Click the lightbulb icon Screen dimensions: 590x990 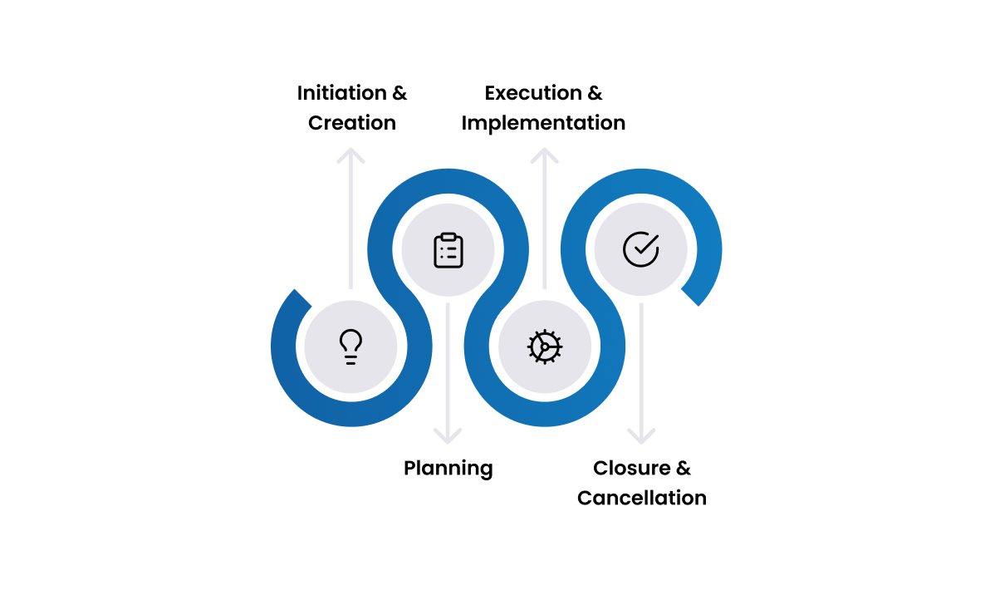(x=351, y=346)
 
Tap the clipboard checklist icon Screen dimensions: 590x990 (x=448, y=250)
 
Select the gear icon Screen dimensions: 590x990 (x=545, y=346)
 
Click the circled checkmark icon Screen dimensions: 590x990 (x=640, y=248)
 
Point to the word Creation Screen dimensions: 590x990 (x=352, y=123)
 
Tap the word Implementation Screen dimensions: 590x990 (x=543, y=123)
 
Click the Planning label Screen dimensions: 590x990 (x=448, y=469)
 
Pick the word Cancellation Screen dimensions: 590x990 (x=642, y=499)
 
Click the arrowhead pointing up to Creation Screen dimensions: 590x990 (x=351, y=155)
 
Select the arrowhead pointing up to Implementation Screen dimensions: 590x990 (x=545, y=155)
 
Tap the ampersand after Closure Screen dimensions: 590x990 (x=683, y=469)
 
